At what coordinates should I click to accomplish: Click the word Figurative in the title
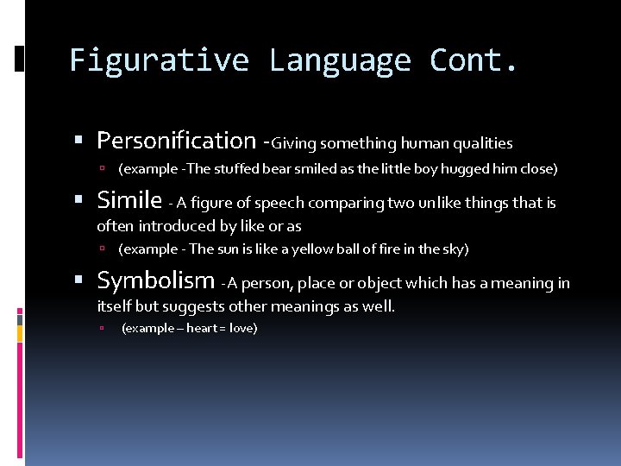point(160,60)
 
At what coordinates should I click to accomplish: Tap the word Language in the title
point(340,60)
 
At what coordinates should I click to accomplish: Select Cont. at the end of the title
point(474,60)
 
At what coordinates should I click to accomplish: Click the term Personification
point(176,141)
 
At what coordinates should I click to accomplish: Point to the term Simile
point(129,201)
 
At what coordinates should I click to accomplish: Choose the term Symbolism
point(156,281)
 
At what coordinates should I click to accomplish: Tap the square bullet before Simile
point(79,202)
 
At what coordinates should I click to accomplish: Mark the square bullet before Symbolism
point(79,282)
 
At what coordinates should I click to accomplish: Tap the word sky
point(451,249)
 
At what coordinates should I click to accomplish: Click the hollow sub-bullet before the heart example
point(101,329)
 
